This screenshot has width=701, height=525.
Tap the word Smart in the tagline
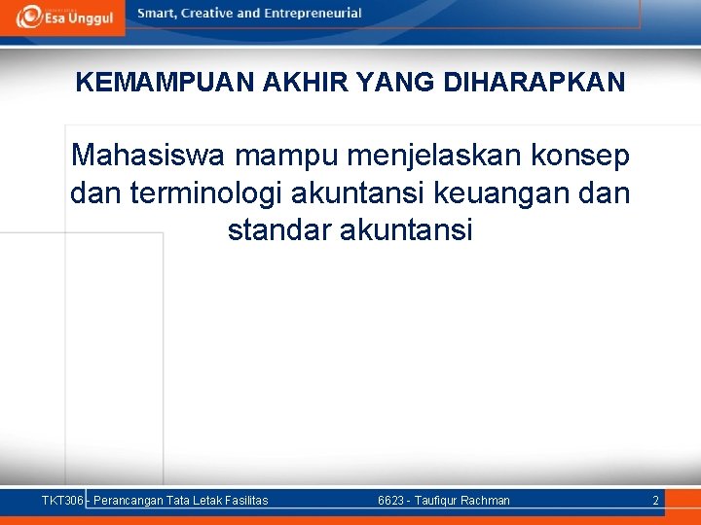(159, 14)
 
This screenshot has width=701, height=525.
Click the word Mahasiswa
(137, 156)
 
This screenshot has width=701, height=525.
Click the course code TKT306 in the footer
(62, 501)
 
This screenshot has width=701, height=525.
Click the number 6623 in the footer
(391, 501)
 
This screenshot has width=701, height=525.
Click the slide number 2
(655, 501)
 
